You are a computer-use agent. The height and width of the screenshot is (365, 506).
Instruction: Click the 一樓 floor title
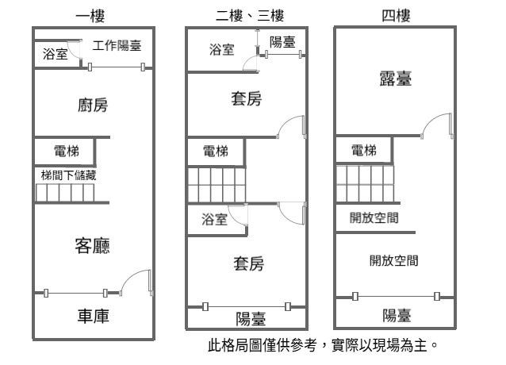[x=90, y=16]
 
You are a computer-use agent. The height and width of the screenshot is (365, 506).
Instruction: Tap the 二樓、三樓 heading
[x=250, y=16]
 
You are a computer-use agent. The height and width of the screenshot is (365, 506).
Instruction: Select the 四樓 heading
[x=396, y=16]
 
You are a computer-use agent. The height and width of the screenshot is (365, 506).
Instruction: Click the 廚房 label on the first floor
[x=93, y=106]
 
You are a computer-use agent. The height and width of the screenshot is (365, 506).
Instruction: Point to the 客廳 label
[x=93, y=246]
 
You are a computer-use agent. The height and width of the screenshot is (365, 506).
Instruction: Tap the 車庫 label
[x=94, y=316]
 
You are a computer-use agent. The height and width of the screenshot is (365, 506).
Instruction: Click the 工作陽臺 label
[x=117, y=45]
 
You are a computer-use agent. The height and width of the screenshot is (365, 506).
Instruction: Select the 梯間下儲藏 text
[x=68, y=175]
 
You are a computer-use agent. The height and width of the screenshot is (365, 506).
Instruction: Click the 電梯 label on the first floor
[x=67, y=151]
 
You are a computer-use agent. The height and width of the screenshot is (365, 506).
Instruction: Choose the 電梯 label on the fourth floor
[x=364, y=151]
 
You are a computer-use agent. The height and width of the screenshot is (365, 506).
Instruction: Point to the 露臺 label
[x=396, y=79]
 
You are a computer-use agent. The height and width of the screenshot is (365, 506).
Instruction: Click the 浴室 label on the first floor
[x=56, y=54]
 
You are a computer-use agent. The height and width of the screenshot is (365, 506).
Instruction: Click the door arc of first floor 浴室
[x=73, y=53]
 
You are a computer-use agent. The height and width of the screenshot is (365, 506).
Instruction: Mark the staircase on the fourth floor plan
[x=365, y=184]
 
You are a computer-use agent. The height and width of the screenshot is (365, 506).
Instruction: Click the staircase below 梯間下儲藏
[x=65, y=193]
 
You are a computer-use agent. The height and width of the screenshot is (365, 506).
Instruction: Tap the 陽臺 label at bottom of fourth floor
[x=397, y=316]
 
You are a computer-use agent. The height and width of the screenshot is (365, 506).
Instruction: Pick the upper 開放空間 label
[x=374, y=218]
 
